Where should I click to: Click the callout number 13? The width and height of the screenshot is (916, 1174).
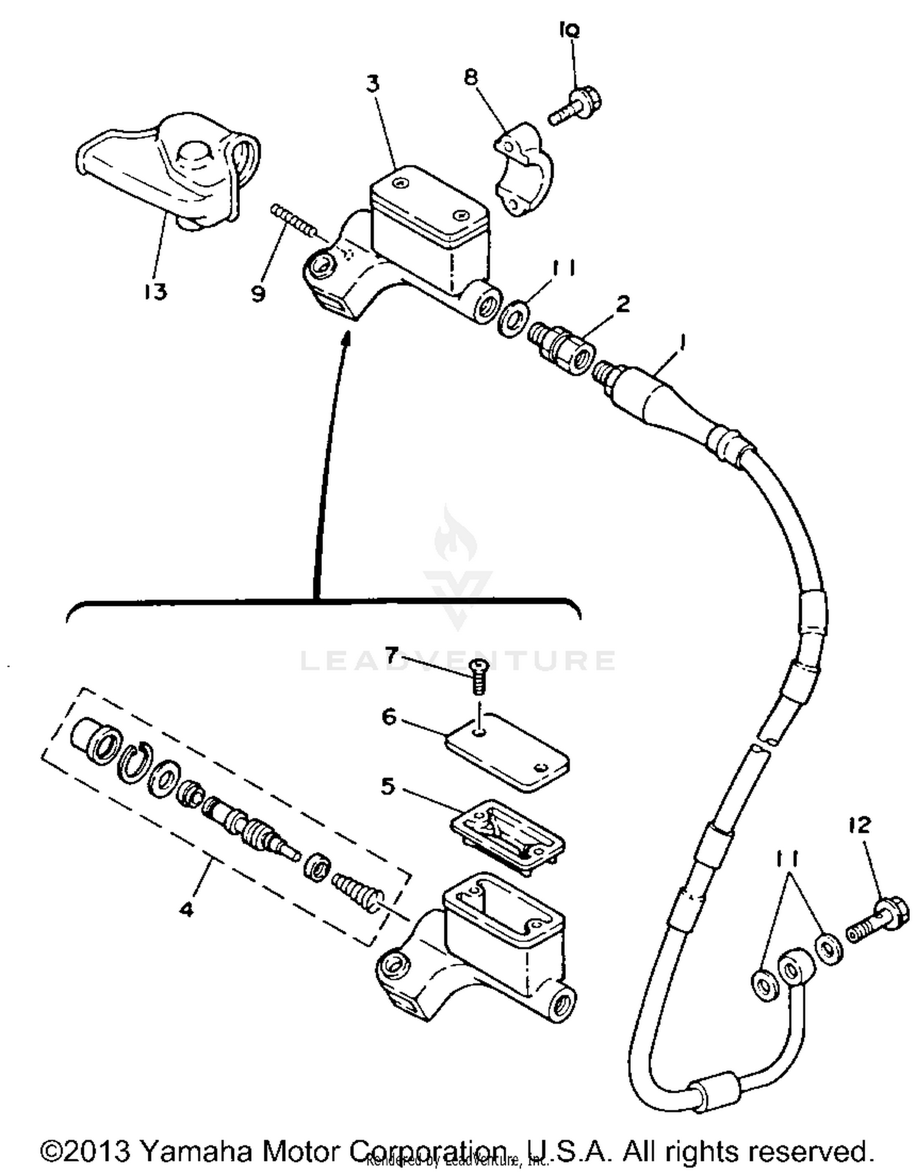pyautogui.click(x=156, y=292)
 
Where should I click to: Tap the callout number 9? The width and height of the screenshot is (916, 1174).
pyautogui.click(x=258, y=294)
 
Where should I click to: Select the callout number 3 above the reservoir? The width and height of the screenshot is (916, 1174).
pyautogui.click(x=373, y=84)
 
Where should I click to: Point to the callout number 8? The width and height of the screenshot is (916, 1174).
pyautogui.click(x=471, y=78)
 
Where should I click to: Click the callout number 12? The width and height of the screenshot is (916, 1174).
pyautogui.click(x=860, y=826)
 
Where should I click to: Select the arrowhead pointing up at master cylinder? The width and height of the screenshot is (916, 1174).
pyautogui.click(x=346, y=338)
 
